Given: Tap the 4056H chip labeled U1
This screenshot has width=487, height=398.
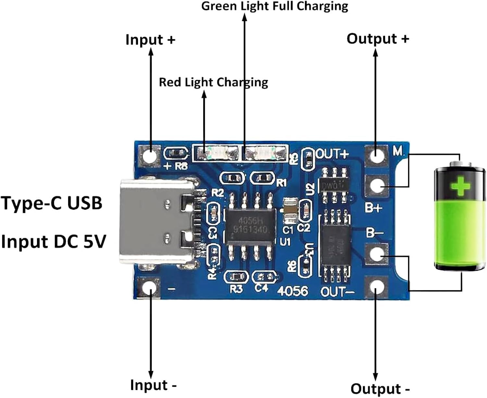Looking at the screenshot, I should coord(250,226).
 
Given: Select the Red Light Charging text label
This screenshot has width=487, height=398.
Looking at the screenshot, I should coord(213,82).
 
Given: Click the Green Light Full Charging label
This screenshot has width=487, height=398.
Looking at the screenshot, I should coord(275,6).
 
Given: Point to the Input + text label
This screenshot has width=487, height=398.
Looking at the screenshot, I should coord(150,40).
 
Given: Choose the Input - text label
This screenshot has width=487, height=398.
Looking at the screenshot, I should coord(153,385).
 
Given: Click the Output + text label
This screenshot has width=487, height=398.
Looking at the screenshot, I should coord(378,39).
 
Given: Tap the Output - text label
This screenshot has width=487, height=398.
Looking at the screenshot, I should coord(380,389).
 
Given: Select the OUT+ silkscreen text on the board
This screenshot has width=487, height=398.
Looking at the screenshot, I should coord(332,154).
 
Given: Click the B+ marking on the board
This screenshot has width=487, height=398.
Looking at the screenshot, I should coord(373,207).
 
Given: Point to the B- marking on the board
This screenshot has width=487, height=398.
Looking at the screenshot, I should coord(375,232).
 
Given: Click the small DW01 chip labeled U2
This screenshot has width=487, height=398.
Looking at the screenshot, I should coord(335,185).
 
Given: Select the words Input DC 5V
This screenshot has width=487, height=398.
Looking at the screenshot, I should coord(54,242).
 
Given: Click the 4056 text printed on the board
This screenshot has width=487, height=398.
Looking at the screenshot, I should coord(293,291).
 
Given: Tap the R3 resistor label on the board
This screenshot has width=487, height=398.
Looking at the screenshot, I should coord(236,289).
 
